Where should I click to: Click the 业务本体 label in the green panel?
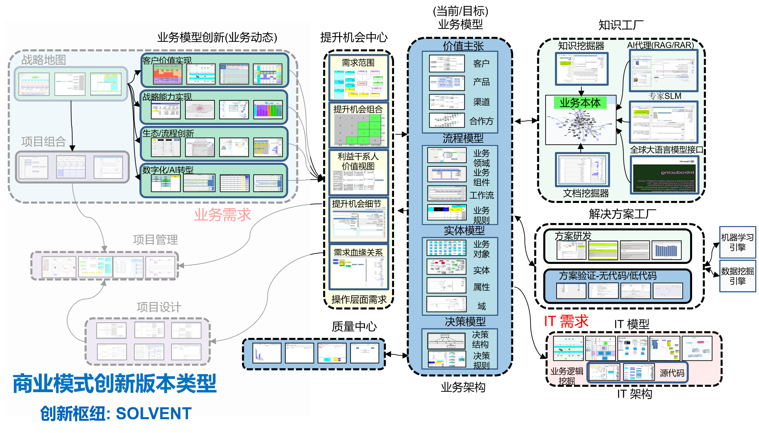click(580, 102)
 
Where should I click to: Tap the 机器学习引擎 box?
click(737, 242)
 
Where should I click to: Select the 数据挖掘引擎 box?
click(737, 276)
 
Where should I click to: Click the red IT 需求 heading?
click(566, 321)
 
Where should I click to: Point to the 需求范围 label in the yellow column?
click(358, 63)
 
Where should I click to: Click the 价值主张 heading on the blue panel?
click(463, 46)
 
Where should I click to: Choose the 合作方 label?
click(481, 121)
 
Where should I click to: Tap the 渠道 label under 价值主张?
click(481, 102)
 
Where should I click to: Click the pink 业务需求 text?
click(222, 215)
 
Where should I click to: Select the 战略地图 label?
click(43, 60)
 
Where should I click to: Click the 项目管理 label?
click(155, 239)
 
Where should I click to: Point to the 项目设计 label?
click(159, 307)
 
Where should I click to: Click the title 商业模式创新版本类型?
click(115, 383)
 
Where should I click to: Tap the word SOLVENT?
click(154, 413)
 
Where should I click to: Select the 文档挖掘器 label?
click(586, 193)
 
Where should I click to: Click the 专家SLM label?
click(665, 96)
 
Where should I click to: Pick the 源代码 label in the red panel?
click(672, 373)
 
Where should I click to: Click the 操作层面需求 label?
click(359, 299)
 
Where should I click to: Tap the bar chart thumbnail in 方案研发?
click(666, 250)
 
